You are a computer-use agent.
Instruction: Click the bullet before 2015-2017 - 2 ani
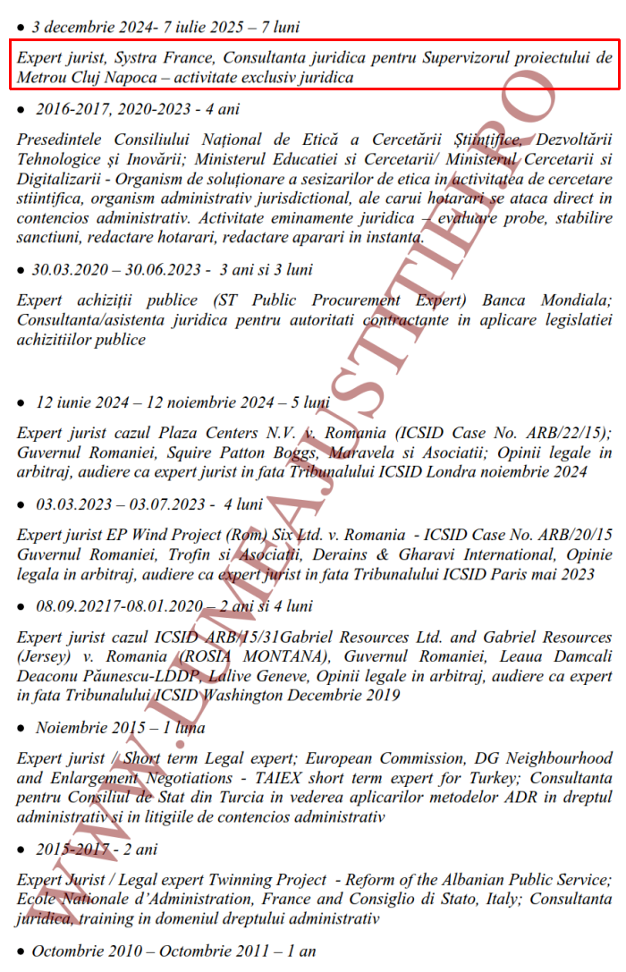(x=21, y=849)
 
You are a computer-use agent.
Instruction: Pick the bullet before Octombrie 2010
(x=21, y=952)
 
